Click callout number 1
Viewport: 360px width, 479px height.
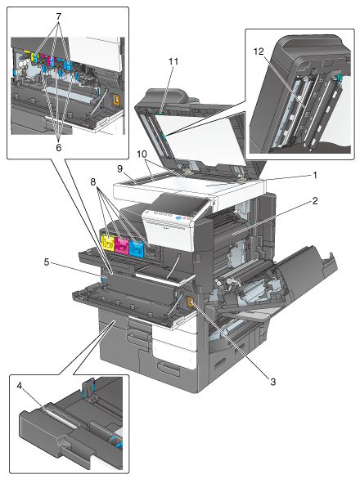click(314, 176)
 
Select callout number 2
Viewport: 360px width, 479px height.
click(315, 201)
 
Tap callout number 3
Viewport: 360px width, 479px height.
click(272, 381)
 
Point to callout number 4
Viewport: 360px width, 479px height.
click(20, 386)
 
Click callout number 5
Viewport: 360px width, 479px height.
click(47, 262)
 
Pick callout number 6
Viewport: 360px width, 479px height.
click(58, 148)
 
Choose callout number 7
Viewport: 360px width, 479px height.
click(58, 16)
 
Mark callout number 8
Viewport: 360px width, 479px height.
click(93, 181)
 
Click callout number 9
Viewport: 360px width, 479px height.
click(119, 168)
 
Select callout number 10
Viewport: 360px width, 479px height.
click(142, 154)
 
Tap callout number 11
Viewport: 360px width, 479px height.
click(173, 61)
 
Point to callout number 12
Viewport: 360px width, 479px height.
click(259, 51)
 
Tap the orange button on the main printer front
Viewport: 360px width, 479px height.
click(191, 302)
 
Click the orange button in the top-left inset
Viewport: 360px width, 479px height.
click(116, 100)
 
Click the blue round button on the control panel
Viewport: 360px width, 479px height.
click(178, 218)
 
